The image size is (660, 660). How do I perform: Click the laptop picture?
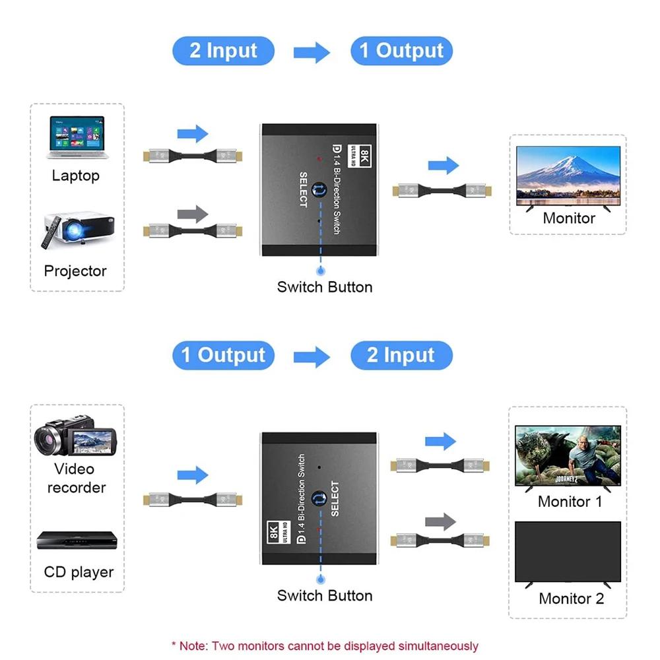77,138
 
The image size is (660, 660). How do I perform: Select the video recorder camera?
75,436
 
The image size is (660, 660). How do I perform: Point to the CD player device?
77,541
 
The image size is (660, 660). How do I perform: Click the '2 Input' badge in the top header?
223,51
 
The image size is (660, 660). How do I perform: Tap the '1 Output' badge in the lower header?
223,356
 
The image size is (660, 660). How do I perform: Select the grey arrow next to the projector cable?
193,214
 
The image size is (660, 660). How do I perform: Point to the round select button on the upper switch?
320,190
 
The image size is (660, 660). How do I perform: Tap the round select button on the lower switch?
320,498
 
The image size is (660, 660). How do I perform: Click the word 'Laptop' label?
76,176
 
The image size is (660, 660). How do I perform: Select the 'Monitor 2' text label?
571,599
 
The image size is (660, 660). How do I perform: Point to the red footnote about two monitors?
325,645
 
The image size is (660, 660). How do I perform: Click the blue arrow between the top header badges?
312,52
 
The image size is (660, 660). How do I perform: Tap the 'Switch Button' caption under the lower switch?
325,595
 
